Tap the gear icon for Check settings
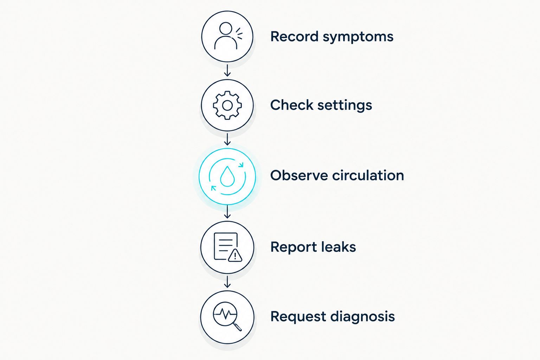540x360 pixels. point(227,105)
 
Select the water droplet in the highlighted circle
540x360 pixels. point(227,176)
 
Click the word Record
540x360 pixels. point(294,37)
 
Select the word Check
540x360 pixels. point(292,105)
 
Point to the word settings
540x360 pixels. point(345,105)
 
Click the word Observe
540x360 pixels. point(299,175)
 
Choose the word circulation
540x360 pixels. point(368,175)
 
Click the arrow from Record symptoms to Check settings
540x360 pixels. point(227,70)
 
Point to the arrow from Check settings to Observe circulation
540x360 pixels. point(227,139)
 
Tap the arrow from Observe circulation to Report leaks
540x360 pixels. point(227,212)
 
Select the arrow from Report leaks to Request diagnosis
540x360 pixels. point(227,282)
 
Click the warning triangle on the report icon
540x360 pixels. point(235,256)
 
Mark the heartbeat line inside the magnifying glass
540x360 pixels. point(225,314)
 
